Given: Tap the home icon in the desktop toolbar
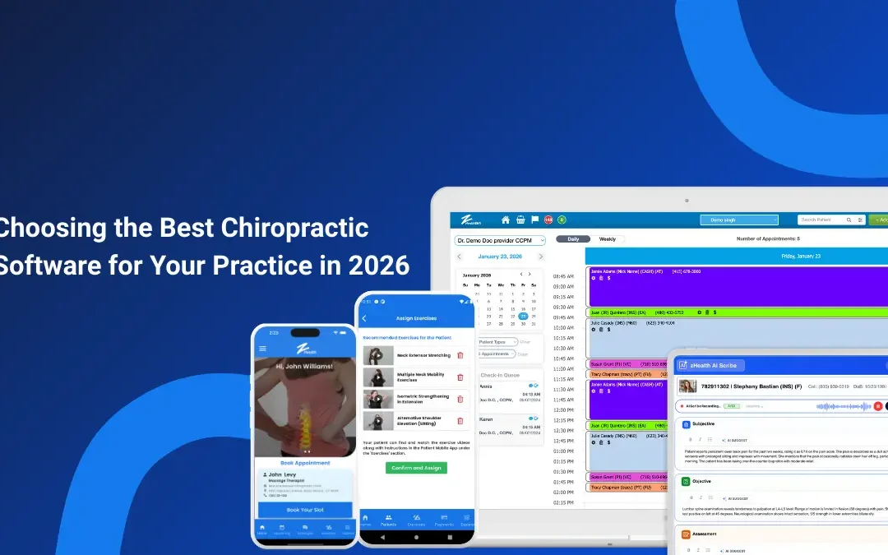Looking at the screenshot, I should (506, 220).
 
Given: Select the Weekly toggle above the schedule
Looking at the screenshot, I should (608, 239).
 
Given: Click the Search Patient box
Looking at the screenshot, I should (830, 220).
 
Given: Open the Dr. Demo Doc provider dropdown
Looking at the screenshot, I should (500, 240).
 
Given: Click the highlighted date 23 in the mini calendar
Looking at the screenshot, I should (523, 316).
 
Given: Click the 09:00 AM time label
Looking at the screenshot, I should (563, 287).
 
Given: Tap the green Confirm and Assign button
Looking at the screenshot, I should (416, 468).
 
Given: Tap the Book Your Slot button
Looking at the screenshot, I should (305, 510).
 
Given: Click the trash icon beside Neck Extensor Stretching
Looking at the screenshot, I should (460, 355).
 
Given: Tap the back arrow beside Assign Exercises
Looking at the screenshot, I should (364, 318).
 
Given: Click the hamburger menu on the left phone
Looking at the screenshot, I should (263, 349).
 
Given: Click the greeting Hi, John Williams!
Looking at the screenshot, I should (305, 366).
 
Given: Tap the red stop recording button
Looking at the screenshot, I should (878, 406).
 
